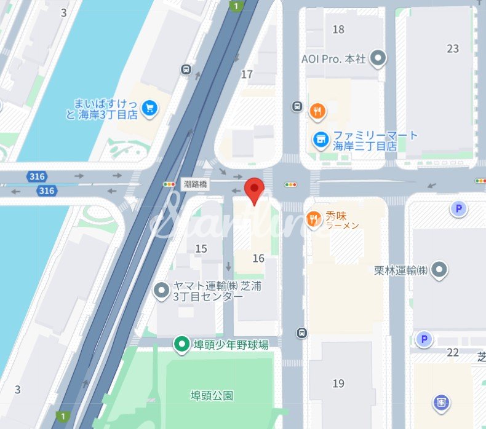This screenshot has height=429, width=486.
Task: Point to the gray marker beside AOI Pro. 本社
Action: [x=380, y=59]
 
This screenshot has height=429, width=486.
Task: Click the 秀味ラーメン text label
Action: [x=343, y=221]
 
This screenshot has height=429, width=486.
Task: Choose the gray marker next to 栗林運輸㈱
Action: [x=439, y=269]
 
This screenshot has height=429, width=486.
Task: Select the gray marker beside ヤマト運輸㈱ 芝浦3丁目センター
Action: [x=162, y=289]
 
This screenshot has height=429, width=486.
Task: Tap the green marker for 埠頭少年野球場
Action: [x=181, y=345]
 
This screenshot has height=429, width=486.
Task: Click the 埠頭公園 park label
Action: [x=212, y=396]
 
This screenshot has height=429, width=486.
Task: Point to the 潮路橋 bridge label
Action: [x=196, y=184]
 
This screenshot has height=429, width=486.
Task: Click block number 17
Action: [x=247, y=74]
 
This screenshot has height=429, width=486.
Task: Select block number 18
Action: [x=338, y=30]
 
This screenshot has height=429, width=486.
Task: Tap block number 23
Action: [x=453, y=49]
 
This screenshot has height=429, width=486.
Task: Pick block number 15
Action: [x=201, y=248]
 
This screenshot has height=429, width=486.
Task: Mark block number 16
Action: [x=258, y=258]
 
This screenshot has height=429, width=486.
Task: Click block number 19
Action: [x=338, y=384]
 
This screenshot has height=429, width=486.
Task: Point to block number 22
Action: [x=453, y=352]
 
